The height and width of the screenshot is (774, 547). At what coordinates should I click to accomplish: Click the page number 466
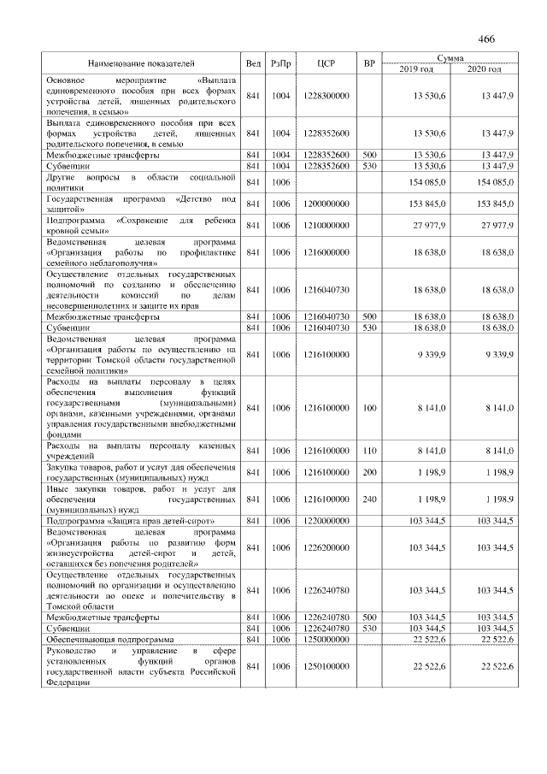click(x=487, y=39)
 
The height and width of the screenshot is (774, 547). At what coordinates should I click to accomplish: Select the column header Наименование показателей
click(x=141, y=63)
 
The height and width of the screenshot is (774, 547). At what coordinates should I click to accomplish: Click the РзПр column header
click(x=281, y=63)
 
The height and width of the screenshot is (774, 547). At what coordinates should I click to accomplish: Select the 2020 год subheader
click(x=483, y=68)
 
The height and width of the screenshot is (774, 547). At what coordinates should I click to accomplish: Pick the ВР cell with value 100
click(x=369, y=409)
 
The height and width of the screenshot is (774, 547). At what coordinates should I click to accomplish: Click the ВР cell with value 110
click(x=369, y=450)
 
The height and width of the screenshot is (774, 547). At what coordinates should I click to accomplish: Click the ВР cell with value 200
click(x=369, y=472)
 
